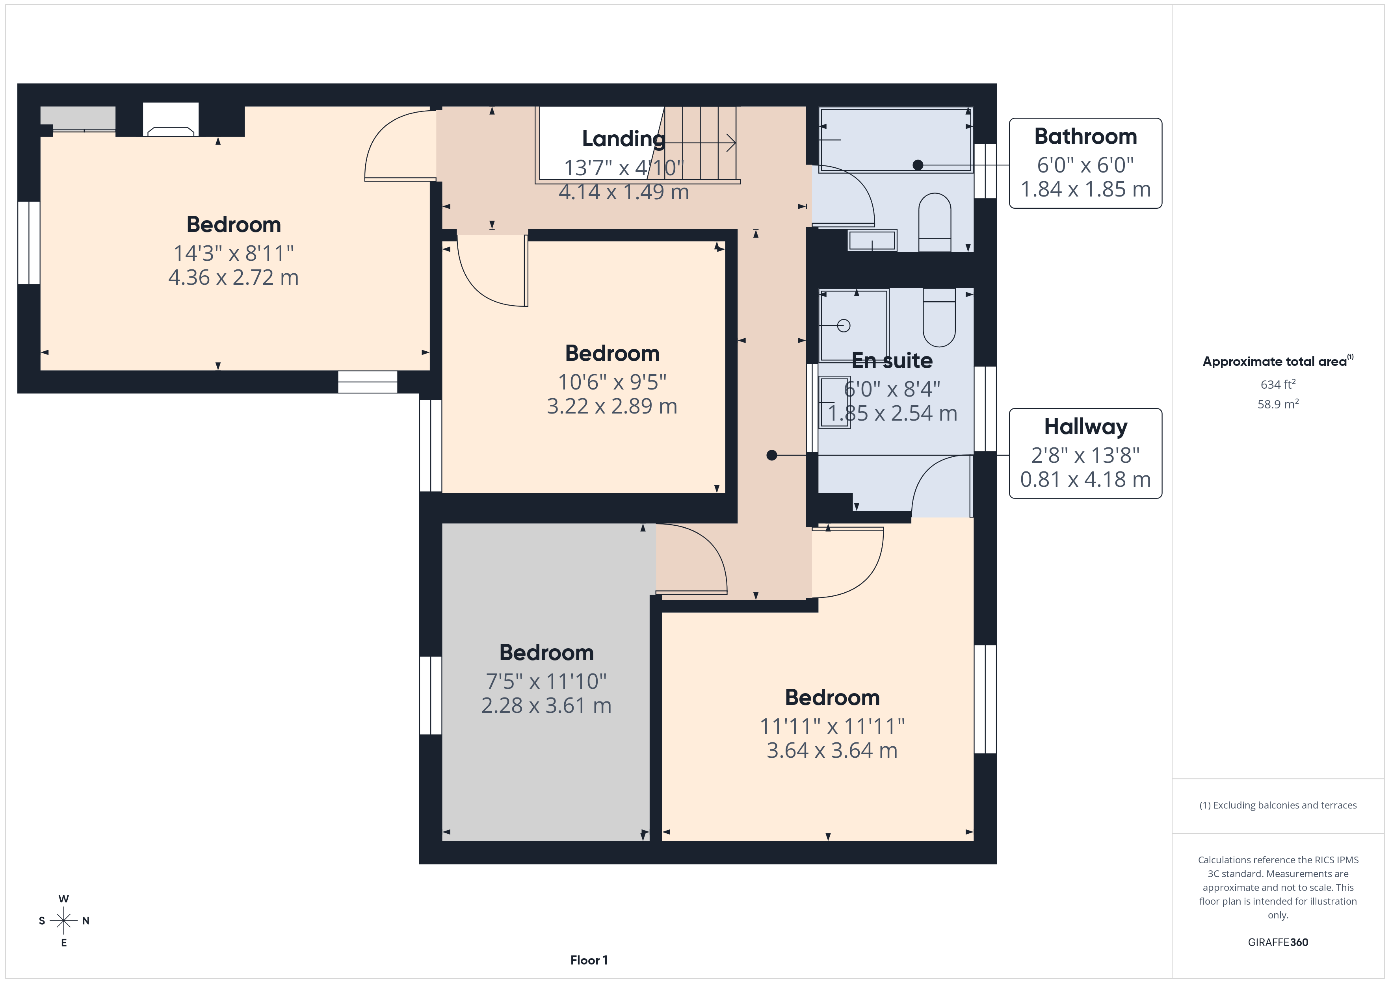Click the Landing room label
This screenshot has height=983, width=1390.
pos(624,139)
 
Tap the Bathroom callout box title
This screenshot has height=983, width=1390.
pos(1085,136)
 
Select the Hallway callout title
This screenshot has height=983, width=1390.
pos(1085,427)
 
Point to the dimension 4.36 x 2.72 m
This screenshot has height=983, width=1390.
pos(233,277)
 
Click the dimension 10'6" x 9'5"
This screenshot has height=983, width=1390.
pos(612,382)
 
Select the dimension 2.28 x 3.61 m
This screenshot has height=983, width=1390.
pos(546,705)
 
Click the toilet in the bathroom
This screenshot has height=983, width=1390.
pos(935,222)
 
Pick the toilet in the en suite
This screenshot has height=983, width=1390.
pos(939,317)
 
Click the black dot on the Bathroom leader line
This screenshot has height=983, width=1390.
pos(918,165)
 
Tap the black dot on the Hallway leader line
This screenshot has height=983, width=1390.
pos(771,455)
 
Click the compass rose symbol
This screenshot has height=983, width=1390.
pos(63,921)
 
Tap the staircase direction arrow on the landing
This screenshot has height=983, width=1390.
pos(699,143)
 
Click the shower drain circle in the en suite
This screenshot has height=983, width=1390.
pos(843,326)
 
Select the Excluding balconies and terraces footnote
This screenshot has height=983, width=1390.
pos(1277,805)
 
